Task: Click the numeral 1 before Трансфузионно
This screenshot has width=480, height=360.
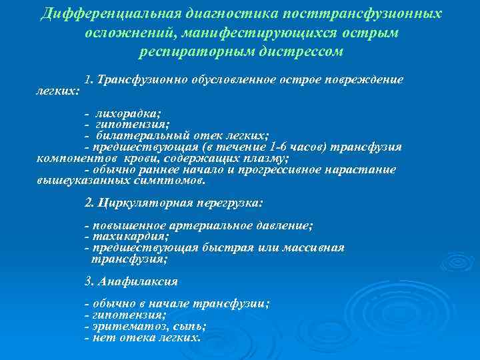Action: click(x=88, y=79)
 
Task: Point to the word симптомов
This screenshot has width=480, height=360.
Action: click(x=175, y=180)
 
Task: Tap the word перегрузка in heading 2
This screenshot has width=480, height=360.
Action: click(x=231, y=202)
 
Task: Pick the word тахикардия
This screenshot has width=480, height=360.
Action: click(x=131, y=236)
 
